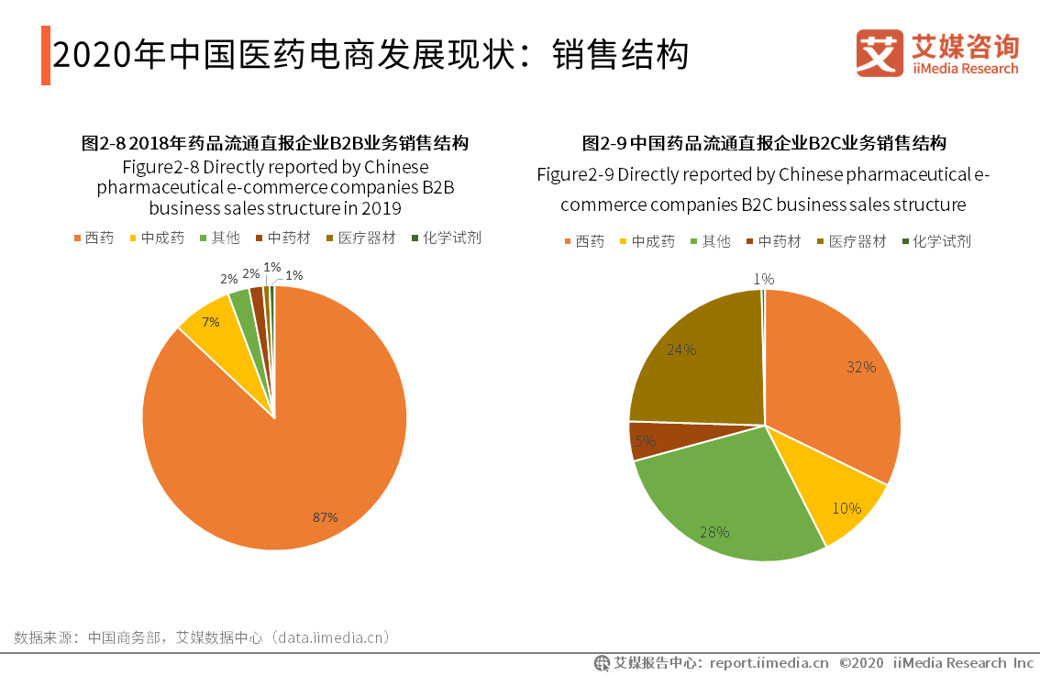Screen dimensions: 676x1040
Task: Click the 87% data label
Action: (x=325, y=517)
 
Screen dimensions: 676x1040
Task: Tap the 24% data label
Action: (x=682, y=349)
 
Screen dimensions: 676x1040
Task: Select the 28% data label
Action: (x=714, y=532)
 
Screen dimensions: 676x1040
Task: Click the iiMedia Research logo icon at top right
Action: (x=879, y=53)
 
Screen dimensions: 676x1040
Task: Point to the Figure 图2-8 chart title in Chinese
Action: (x=275, y=143)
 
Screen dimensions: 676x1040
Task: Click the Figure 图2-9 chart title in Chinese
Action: (x=764, y=143)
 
